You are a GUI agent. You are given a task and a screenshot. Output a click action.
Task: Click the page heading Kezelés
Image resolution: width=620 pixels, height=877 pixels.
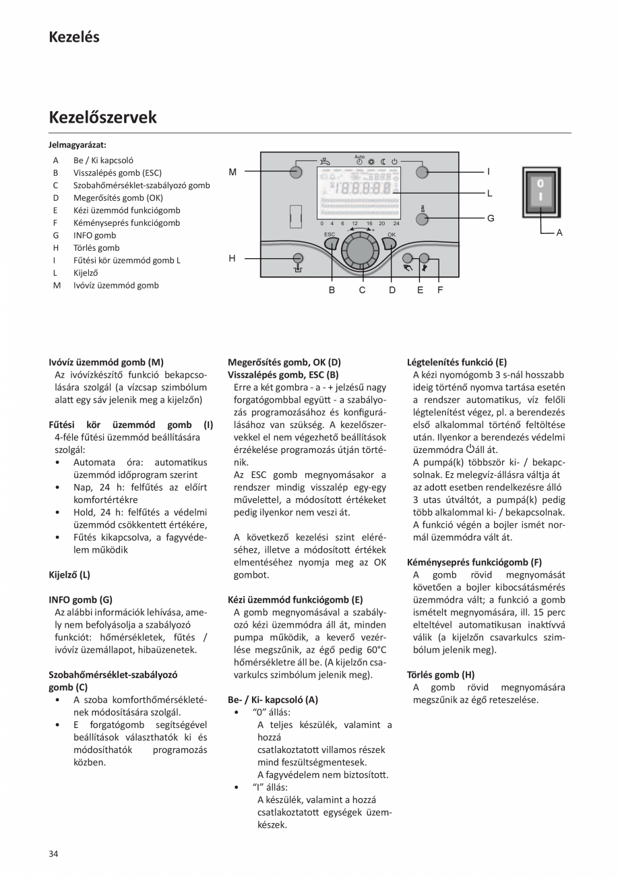[74, 37]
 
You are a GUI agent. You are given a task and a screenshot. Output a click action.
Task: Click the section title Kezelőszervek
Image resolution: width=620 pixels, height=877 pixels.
[102, 117]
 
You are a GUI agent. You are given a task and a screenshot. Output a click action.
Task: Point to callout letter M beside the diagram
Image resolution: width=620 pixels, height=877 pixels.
[232, 172]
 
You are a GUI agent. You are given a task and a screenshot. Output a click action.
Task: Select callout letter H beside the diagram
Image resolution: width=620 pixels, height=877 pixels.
[232, 258]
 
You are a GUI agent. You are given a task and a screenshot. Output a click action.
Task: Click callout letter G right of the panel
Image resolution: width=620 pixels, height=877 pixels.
[490, 218]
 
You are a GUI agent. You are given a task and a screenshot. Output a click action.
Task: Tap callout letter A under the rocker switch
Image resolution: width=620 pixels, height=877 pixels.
[559, 233]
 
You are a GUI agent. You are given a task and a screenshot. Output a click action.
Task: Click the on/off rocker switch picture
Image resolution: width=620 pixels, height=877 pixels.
[541, 193]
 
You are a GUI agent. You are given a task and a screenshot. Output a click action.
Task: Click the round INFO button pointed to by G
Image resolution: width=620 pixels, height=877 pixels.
[423, 218]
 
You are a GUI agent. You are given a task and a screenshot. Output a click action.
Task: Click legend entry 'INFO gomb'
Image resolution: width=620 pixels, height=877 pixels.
[94, 235]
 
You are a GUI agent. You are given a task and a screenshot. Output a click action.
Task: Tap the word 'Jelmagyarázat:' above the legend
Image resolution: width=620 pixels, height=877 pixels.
[77, 144]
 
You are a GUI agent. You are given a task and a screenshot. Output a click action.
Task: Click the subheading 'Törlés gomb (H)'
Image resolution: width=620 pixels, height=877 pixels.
[441, 674]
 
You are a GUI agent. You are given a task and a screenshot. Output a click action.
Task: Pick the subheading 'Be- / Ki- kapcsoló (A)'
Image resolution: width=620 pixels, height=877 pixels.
[273, 700]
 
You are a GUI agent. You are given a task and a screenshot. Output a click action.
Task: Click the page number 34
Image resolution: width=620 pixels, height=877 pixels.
[54, 854]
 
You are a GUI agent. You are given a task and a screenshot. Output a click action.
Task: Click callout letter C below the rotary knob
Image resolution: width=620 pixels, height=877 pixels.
[362, 290]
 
